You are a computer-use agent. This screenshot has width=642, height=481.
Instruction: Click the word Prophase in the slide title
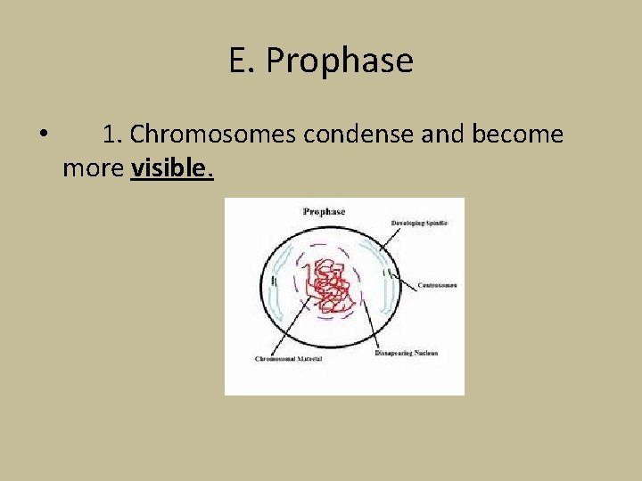[340, 61]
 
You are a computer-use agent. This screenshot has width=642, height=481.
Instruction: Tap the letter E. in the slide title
[243, 61]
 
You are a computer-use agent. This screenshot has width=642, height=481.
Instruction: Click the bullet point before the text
[43, 135]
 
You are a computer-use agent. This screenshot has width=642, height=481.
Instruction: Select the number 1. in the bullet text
[112, 135]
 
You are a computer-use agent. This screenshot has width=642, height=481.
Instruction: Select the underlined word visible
[172, 168]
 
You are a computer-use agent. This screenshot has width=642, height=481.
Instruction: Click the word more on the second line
[94, 168]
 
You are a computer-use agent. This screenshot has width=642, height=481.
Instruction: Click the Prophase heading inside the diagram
[324, 212]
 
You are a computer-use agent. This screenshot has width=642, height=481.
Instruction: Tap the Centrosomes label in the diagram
[438, 285]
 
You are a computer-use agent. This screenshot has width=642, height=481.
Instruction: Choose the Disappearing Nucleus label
[406, 354]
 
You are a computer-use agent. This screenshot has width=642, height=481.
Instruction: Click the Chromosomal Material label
[289, 359]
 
